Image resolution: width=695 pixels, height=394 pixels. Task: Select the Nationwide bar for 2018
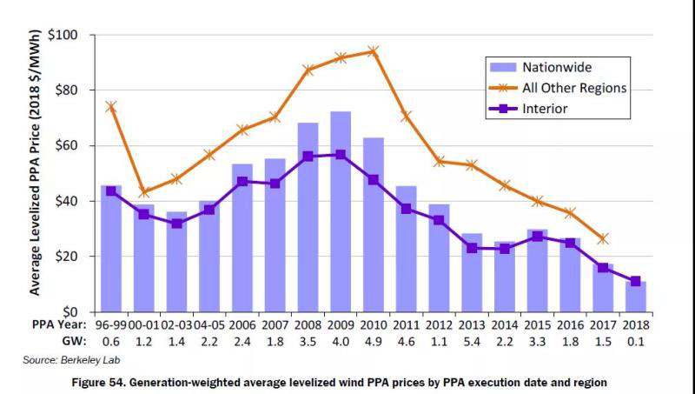[x=636, y=297]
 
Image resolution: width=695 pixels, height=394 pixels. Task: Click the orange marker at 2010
[x=374, y=51]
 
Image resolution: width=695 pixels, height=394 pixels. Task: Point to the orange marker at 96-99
[x=111, y=106]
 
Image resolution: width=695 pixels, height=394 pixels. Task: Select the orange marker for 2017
[x=603, y=238]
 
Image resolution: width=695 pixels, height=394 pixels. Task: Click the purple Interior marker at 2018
[x=636, y=281]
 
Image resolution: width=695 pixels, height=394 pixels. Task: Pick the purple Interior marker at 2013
[x=472, y=248]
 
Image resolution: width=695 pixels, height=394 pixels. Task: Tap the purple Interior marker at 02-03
[x=177, y=224]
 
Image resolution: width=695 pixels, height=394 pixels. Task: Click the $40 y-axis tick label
[x=67, y=201]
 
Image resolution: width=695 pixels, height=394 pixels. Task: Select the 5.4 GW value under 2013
[x=472, y=342]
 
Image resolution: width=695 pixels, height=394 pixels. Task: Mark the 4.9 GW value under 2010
[x=374, y=342]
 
